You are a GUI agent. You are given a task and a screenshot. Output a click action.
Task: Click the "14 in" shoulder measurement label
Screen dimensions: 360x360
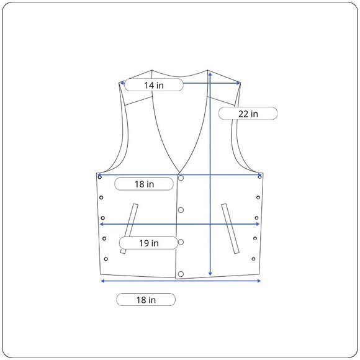coord(154,85)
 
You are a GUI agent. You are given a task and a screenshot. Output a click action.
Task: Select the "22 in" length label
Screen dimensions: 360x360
coord(248,114)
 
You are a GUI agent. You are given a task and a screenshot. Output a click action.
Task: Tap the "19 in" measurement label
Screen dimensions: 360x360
coord(149,243)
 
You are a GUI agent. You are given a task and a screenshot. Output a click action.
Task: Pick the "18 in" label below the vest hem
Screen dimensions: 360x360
coord(146,300)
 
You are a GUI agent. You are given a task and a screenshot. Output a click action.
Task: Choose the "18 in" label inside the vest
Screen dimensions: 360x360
coord(144,184)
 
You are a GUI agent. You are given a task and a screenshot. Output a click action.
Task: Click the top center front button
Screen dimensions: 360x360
coord(181,178)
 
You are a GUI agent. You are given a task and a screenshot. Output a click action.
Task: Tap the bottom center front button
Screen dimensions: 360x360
coord(181,274)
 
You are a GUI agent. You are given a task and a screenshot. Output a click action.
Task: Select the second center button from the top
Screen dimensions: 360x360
coord(181,210)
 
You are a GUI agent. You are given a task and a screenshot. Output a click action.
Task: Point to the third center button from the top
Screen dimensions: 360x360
coord(181,242)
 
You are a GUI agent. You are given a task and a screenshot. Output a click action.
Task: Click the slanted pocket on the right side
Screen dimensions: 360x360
coord(230,228)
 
